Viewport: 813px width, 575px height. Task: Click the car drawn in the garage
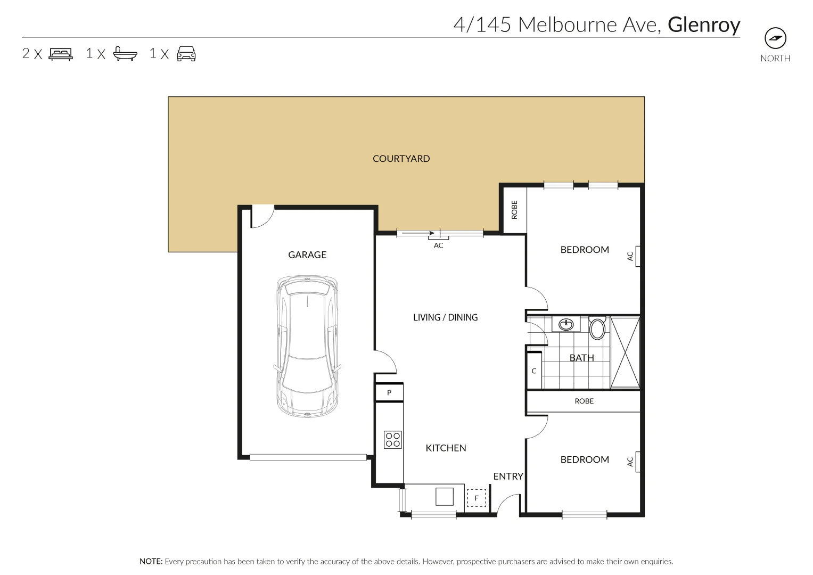307,346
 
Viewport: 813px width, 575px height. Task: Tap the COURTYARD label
401,159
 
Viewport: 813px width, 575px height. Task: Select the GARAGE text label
307,255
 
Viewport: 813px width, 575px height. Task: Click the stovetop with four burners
393,440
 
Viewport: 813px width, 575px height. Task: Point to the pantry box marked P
389,393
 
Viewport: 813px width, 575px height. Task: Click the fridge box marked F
477,498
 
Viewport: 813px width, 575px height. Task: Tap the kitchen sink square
445,496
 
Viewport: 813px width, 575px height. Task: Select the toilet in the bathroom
597,328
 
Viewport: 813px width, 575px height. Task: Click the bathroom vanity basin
566,324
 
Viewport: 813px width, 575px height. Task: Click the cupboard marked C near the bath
534,371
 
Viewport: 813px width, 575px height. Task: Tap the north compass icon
775,38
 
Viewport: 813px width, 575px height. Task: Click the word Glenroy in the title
704,24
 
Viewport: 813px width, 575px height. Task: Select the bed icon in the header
61,54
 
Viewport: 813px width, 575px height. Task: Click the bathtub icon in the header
125,54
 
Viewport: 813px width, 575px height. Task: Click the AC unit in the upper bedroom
637,256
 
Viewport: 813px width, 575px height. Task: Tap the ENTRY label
508,477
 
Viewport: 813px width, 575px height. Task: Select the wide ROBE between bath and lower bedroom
584,401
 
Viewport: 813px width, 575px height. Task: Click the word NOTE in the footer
151,562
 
